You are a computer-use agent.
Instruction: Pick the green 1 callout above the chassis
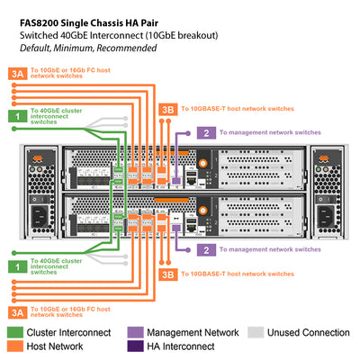(16, 115)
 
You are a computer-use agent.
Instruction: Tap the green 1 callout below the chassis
(16, 267)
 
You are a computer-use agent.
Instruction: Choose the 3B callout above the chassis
(167, 108)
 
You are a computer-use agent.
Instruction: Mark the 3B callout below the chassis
(167, 273)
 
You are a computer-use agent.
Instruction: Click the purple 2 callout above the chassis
(206, 132)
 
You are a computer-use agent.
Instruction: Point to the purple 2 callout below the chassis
(206, 248)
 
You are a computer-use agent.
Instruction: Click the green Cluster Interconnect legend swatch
(16, 332)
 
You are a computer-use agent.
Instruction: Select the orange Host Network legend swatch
(16, 347)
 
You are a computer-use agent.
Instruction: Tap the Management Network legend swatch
(136, 332)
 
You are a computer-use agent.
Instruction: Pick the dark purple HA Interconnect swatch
(136, 347)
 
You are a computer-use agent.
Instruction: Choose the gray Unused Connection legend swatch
(257, 332)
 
